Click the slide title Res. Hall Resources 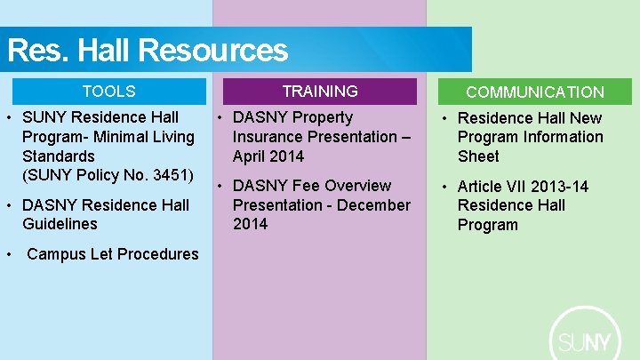coord(148,50)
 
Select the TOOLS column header coord(108,92)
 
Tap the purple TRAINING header coord(319,92)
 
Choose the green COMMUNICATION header coord(534,92)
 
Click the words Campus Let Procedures coord(113,254)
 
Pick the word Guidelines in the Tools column coord(60,224)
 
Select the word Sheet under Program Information coord(478,156)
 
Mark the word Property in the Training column coord(323,117)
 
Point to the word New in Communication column coord(586,118)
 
